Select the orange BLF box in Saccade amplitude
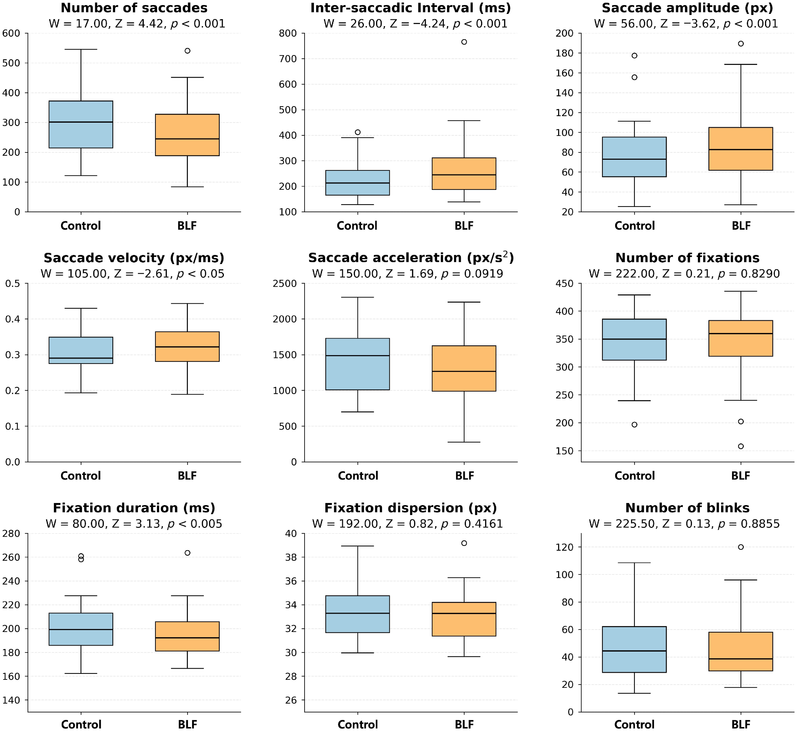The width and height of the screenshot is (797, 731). click(740, 149)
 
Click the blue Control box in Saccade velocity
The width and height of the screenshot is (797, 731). click(81, 350)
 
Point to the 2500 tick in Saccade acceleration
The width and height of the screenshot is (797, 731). click(288, 284)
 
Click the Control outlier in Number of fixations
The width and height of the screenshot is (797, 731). click(634, 425)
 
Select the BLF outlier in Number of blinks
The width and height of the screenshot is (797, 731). click(740, 547)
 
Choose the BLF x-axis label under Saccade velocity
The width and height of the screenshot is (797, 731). click(187, 476)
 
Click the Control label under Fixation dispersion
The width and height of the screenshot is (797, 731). click(358, 725)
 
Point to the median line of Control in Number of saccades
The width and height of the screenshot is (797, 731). click(81, 122)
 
